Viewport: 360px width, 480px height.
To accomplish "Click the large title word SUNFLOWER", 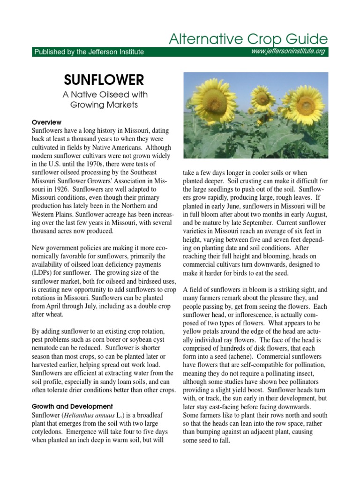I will [104, 79].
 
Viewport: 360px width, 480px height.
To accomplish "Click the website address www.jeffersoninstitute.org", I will [288, 51].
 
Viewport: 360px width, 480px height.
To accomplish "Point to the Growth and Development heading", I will [72, 406].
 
